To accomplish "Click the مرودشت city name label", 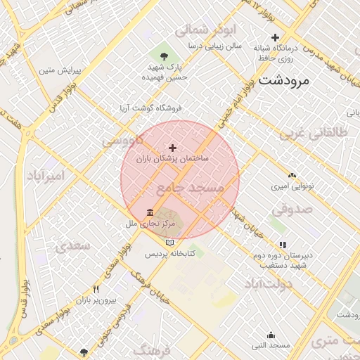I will tap(284, 80).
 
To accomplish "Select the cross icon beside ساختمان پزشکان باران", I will tap(173, 148).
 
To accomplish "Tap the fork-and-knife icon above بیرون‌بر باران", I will tap(96, 289).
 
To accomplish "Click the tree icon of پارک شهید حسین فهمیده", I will tap(163, 56).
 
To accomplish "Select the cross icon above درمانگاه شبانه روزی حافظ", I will tap(275, 37).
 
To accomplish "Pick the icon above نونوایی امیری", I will tap(292, 174).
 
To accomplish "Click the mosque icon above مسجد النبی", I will tap(271, 335).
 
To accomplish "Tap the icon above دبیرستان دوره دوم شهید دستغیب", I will tap(283, 245).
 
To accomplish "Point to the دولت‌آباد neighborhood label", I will tap(267, 283).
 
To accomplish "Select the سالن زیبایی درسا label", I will tap(214, 45).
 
